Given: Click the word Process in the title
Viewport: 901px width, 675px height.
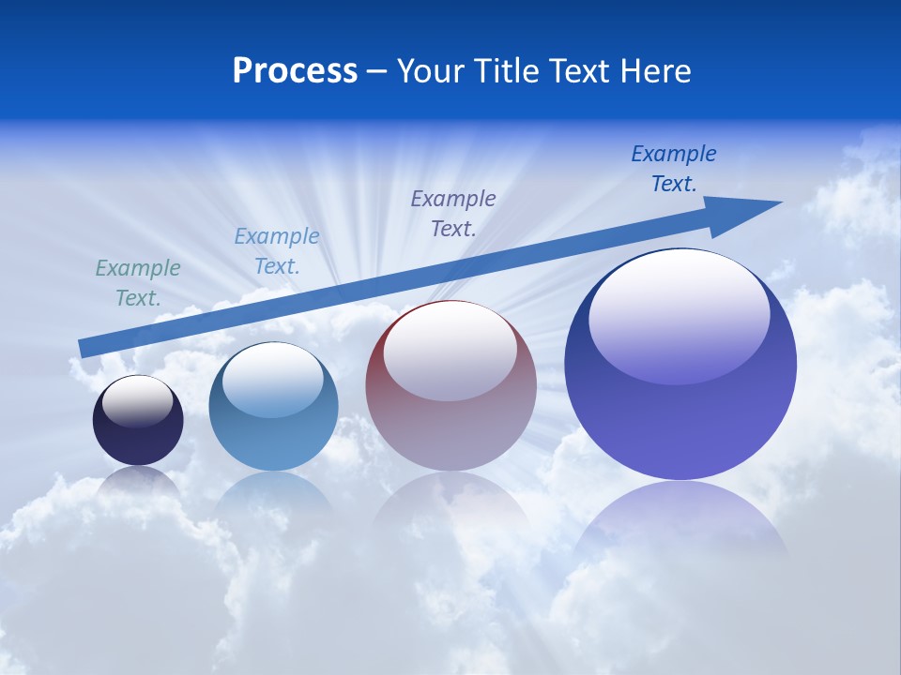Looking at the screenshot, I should tap(295, 71).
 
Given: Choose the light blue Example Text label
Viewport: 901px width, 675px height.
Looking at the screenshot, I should tap(277, 251).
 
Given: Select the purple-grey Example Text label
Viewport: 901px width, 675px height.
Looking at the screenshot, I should tap(453, 213).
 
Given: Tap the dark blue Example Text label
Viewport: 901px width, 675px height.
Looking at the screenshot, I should tap(674, 169).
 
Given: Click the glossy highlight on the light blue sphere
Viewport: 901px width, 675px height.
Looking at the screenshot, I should tap(273, 381).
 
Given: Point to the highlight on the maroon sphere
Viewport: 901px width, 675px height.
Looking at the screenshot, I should tap(450, 352).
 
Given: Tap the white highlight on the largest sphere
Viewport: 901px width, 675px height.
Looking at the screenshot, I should tap(680, 316).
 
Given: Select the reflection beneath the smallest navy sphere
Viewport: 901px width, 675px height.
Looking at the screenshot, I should tap(138, 482).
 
